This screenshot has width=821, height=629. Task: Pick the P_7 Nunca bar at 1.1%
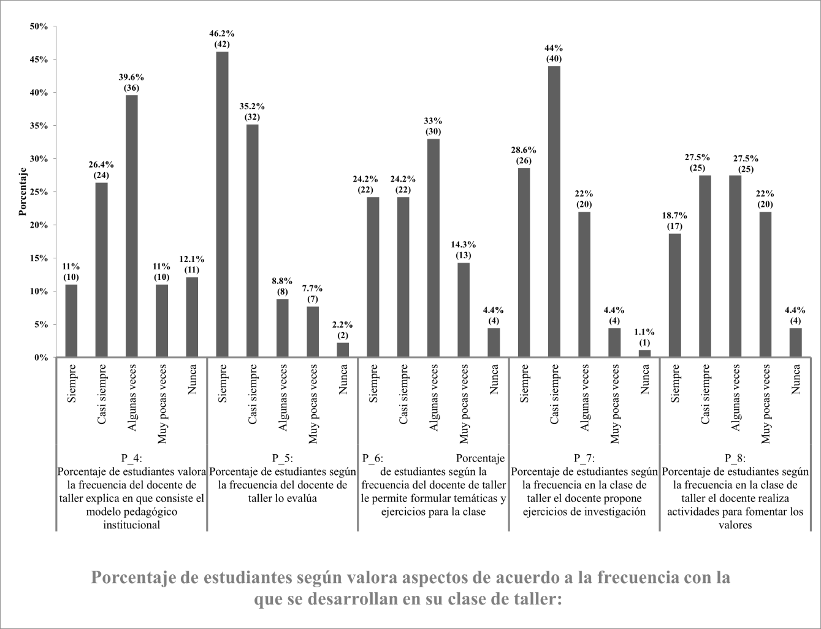pos(644,353)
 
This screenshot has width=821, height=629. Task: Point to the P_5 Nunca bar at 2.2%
pos(343,350)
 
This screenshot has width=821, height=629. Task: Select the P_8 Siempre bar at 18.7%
pos(674,295)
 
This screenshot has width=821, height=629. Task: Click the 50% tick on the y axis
pos(39,26)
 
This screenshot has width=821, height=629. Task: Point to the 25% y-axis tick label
pos(39,192)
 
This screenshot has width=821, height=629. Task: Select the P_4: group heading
pos(131,458)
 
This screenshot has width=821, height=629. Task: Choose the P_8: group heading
pos(735,458)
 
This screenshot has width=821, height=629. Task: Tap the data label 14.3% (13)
pos(464,250)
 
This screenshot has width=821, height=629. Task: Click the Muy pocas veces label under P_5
pos(313,404)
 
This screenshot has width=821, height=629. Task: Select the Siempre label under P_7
pos(524,384)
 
